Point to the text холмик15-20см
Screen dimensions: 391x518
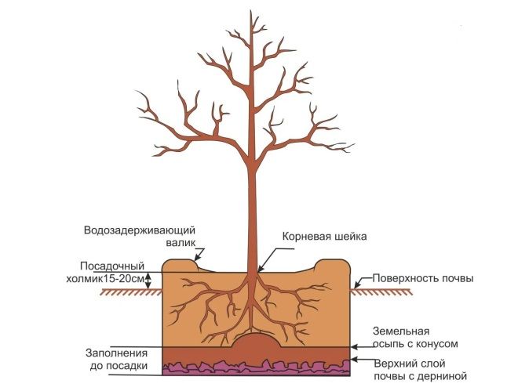tap(108, 278)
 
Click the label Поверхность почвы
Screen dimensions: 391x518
tap(423, 278)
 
